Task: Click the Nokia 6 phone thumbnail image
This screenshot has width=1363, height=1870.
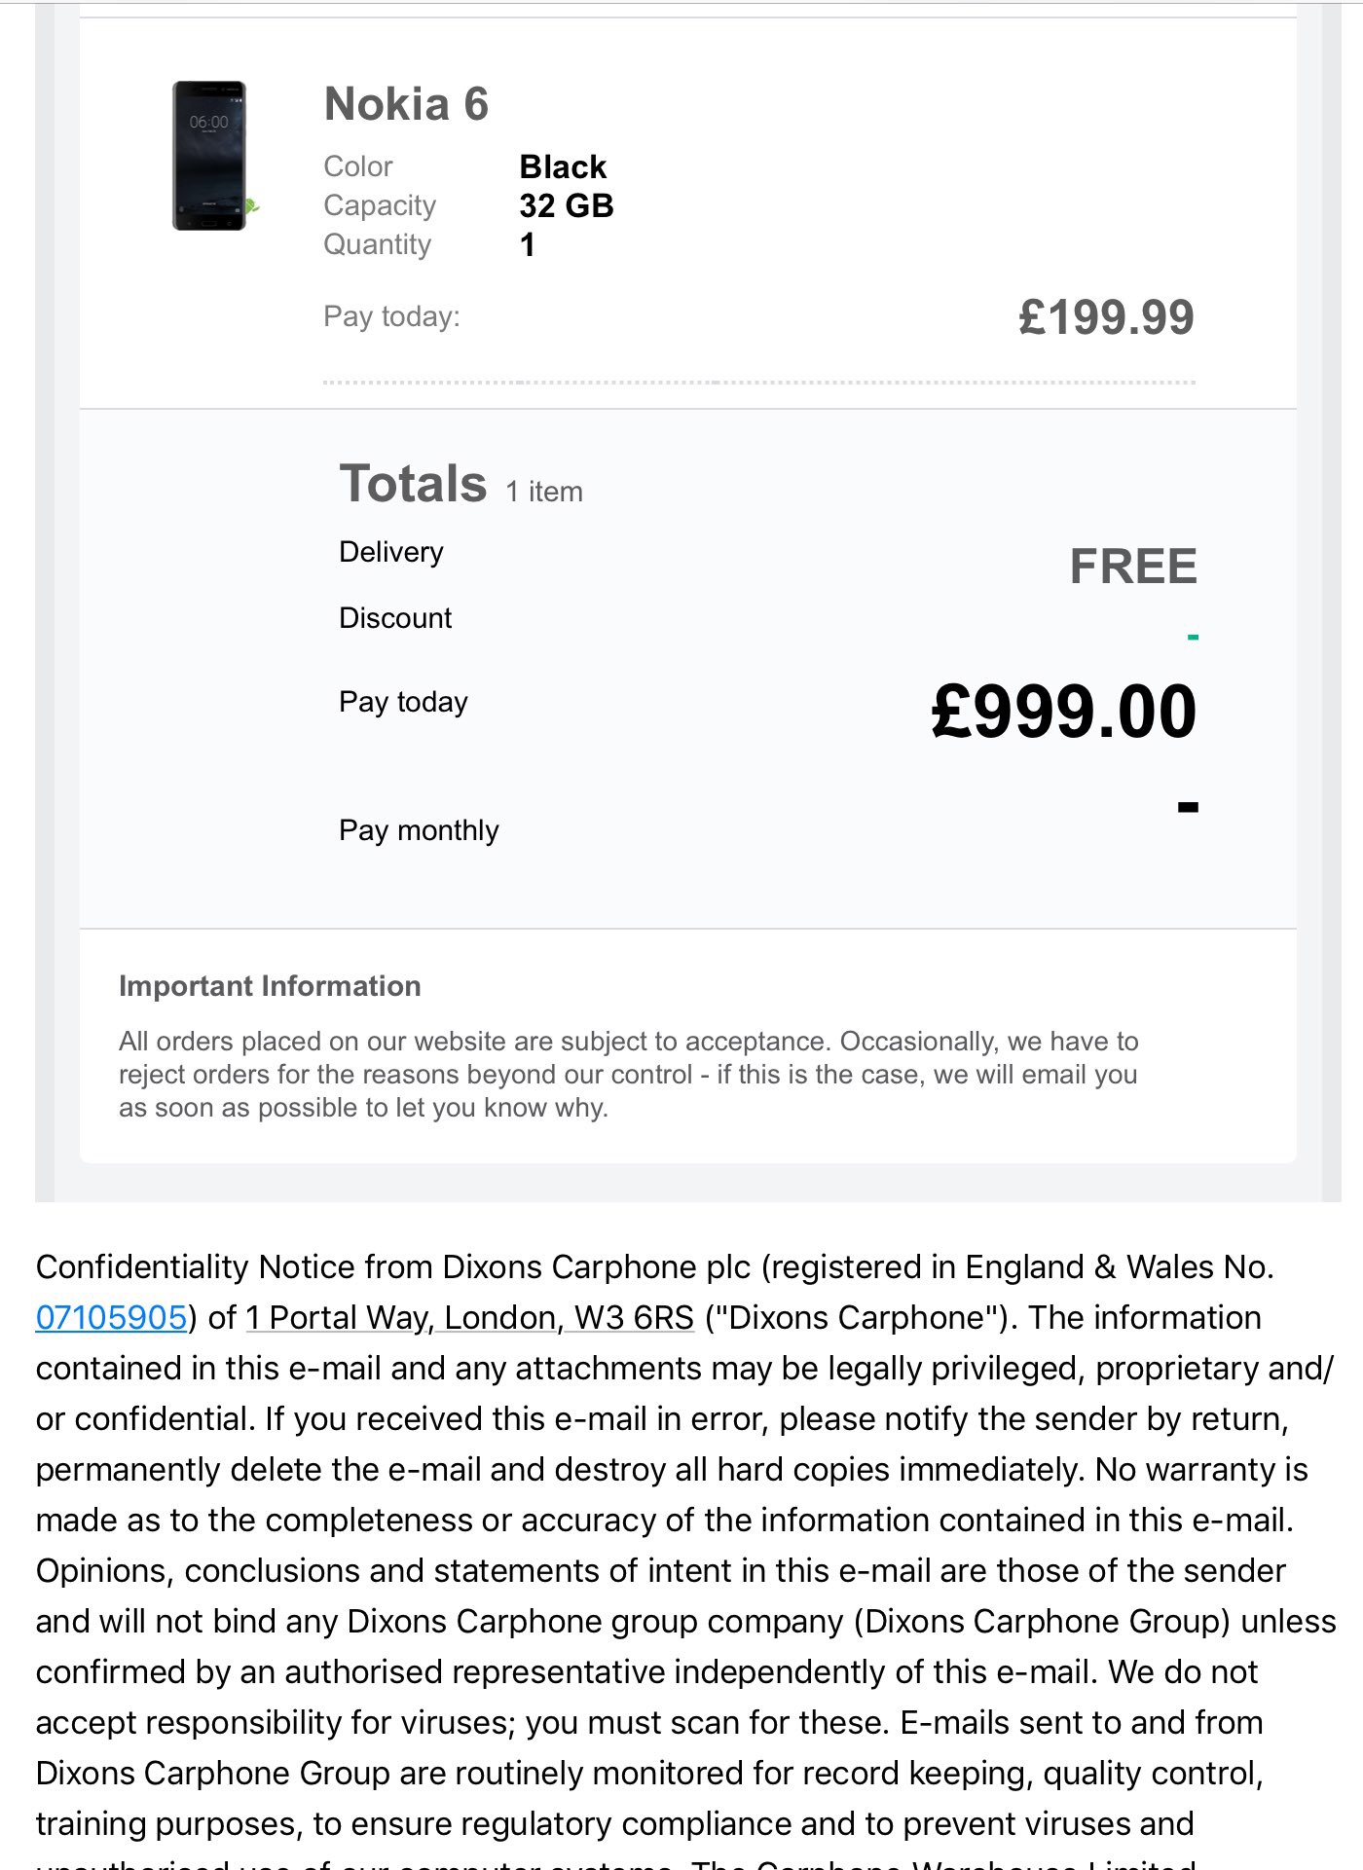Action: pyautogui.click(x=209, y=156)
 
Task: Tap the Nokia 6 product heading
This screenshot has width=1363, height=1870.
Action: pyautogui.click(x=406, y=104)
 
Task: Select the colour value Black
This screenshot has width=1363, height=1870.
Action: pyautogui.click(x=563, y=166)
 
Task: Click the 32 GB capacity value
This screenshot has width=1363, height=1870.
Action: pyautogui.click(x=567, y=205)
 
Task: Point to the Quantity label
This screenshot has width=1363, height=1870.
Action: pyautogui.click(x=377, y=244)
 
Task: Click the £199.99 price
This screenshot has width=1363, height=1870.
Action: pyautogui.click(x=1106, y=317)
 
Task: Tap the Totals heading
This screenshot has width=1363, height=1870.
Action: pyautogui.click(x=413, y=484)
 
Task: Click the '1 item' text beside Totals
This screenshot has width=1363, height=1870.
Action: pyautogui.click(x=544, y=492)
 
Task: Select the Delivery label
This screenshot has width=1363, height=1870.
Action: pyautogui.click(x=391, y=552)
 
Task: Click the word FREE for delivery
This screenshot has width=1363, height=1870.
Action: pyautogui.click(x=1133, y=567)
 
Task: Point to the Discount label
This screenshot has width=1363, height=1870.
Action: pyautogui.click(x=395, y=618)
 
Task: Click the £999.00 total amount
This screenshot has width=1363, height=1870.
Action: pyautogui.click(x=1064, y=712)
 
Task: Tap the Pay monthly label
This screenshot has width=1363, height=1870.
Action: pyautogui.click(x=419, y=830)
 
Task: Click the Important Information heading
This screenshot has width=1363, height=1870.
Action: pyautogui.click(x=270, y=986)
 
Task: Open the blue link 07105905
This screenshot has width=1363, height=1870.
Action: pyautogui.click(x=111, y=1317)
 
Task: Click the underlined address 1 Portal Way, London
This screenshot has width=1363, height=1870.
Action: pyautogui.click(x=470, y=1317)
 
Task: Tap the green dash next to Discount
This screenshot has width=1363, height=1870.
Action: pyautogui.click(x=1193, y=638)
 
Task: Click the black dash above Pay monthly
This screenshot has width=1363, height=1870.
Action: pyautogui.click(x=1188, y=807)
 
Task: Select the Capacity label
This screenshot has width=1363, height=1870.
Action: pyautogui.click(x=380, y=205)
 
